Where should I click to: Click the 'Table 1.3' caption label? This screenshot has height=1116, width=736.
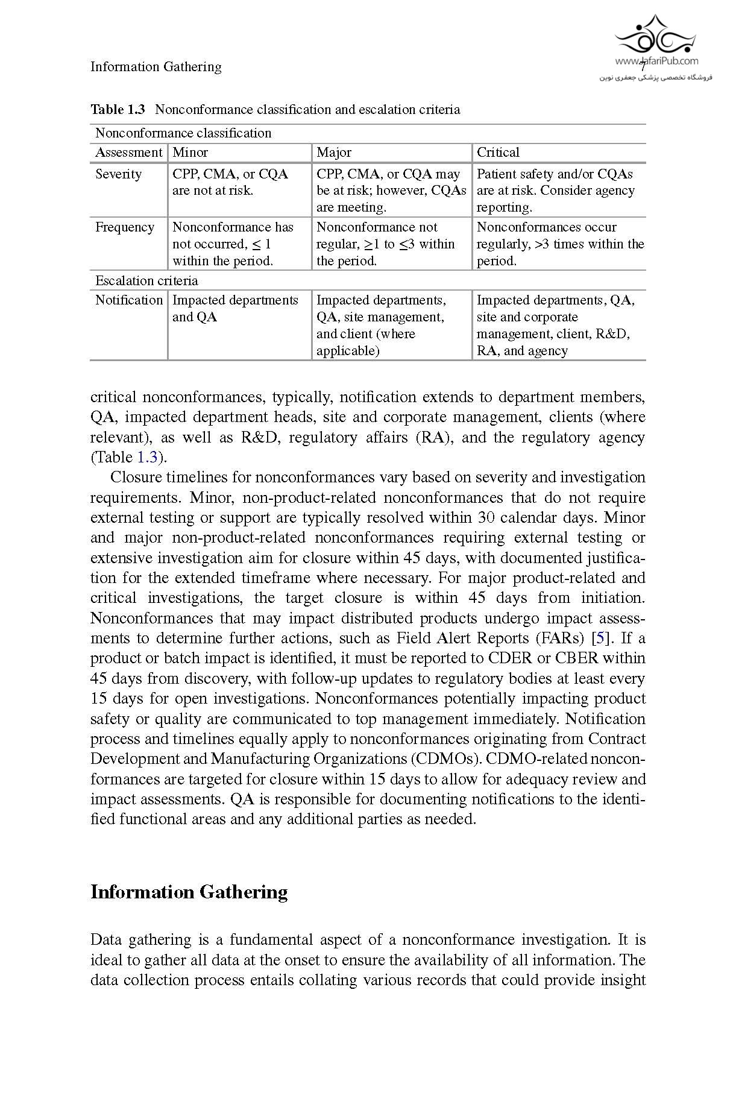(x=118, y=109)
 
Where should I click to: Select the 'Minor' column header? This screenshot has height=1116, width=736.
(x=190, y=153)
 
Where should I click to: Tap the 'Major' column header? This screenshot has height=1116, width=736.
(x=333, y=153)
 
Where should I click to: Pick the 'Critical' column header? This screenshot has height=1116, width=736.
(x=498, y=153)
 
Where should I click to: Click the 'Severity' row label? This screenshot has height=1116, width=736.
(x=118, y=174)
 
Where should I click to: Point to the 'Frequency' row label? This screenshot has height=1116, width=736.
(x=125, y=227)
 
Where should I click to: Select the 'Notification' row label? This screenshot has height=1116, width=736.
(x=129, y=300)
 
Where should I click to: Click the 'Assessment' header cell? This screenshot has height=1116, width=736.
(x=128, y=153)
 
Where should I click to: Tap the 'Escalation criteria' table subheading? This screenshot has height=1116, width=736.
(x=146, y=280)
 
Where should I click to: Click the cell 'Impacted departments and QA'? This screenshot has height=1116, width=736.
(x=235, y=308)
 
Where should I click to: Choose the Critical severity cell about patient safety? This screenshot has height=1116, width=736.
(x=555, y=191)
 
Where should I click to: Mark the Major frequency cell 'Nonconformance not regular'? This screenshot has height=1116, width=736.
(x=385, y=244)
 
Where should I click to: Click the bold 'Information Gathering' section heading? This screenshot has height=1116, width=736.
(x=189, y=892)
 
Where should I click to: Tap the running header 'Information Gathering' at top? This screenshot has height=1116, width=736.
(x=156, y=66)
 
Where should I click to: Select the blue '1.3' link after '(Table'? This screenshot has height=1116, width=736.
(x=147, y=457)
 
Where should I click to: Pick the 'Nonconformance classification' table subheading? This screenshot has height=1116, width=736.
(x=183, y=133)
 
